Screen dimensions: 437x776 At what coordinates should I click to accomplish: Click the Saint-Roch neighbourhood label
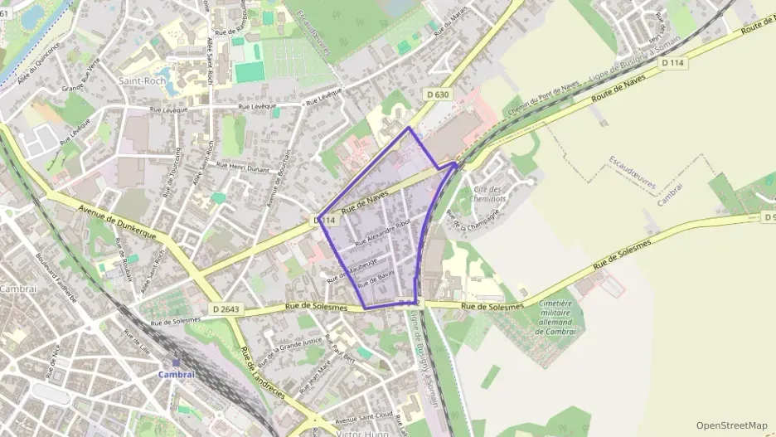(142, 81)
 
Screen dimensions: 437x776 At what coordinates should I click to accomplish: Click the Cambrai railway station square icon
(176, 362)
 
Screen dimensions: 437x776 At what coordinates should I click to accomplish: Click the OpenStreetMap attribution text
(732, 424)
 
